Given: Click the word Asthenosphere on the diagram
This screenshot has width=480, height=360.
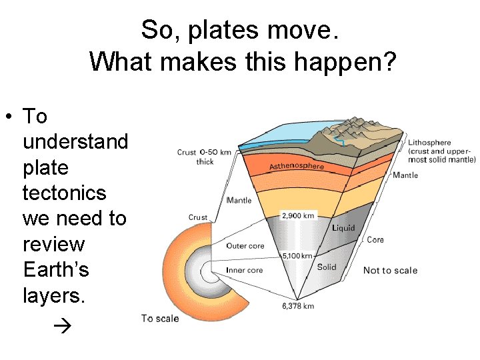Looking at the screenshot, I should point(297,165).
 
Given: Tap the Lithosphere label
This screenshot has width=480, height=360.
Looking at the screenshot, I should point(429,143).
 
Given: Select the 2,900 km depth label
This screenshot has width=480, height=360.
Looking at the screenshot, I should point(297,216).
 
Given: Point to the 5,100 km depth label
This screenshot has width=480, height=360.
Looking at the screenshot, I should point(297,255).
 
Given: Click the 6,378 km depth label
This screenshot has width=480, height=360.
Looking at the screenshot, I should point(297,306).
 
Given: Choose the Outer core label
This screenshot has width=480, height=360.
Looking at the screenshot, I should point(245,246).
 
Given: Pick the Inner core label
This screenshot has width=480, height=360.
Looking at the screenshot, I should point(245,270).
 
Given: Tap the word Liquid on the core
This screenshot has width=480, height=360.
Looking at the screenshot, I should point(343,228).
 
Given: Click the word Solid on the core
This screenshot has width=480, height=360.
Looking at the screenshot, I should point(327,267).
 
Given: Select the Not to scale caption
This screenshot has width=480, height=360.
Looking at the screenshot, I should point(390,270).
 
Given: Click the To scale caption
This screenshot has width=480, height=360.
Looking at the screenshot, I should point(160,319).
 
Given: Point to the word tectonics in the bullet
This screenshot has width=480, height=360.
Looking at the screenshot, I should point(64,193).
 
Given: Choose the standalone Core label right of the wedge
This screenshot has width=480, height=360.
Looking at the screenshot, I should point(375,240).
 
